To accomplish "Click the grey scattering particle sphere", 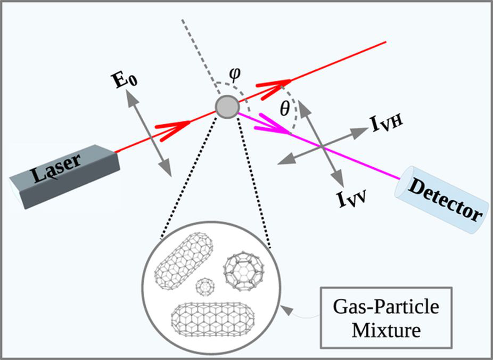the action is (227, 107).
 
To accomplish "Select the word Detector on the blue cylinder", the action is (444, 199).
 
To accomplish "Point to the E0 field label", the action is (125, 80).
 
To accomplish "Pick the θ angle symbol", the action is (284, 109).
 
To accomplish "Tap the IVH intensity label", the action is (387, 124).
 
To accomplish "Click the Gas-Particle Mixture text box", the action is (386, 317).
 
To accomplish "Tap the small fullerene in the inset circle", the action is (206, 287).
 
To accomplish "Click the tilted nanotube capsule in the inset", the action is (184, 261).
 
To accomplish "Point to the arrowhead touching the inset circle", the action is (286, 310).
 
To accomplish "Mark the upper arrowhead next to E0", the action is (133, 96).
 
